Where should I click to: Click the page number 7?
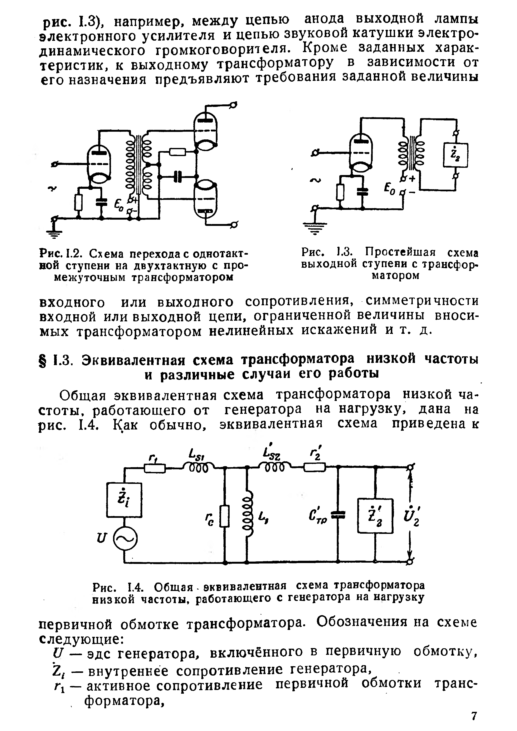[x=474, y=716]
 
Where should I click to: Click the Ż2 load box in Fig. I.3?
[x=455, y=155]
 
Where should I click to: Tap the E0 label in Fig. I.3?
[x=389, y=189]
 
